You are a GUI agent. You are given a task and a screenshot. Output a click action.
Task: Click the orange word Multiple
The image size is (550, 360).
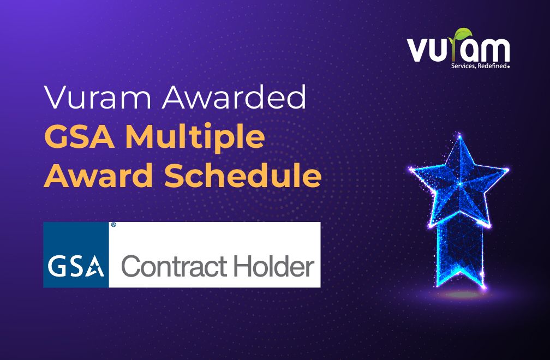click(x=195, y=138)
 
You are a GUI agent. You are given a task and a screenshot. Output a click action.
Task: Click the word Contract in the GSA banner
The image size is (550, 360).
click(x=174, y=267)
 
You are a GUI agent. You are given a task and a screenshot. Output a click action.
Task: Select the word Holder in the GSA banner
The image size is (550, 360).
click(x=274, y=266)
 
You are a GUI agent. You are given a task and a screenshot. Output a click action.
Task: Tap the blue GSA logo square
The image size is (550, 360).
click(x=76, y=255)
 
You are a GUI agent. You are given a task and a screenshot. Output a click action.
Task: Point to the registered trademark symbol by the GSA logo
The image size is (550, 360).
click(x=113, y=225)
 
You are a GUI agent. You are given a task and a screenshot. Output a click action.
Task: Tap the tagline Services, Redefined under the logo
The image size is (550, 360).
click(x=480, y=66)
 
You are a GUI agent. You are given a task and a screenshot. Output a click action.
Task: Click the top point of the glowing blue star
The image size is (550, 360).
click(x=459, y=135)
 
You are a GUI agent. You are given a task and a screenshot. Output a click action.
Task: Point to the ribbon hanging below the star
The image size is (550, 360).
click(x=460, y=254)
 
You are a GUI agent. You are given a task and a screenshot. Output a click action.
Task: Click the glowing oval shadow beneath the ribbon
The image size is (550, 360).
click(x=459, y=295)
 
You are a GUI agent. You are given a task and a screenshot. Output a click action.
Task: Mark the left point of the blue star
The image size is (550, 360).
click(x=410, y=170)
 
